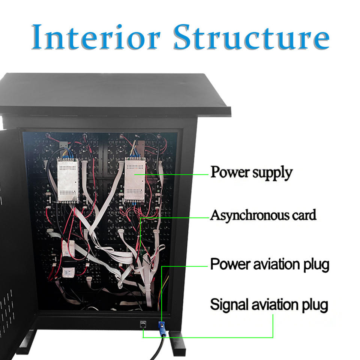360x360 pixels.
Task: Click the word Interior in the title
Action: (96, 37)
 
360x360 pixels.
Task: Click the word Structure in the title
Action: (251, 37)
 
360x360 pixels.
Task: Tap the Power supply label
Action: (252, 172)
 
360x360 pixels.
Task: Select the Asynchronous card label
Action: (263, 215)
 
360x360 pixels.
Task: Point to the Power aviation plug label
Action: (270, 264)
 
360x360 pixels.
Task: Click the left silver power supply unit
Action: (68, 180)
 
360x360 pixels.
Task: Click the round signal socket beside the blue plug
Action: (143, 325)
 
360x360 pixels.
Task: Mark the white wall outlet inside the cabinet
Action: (68, 273)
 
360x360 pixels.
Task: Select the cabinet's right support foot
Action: (177, 342)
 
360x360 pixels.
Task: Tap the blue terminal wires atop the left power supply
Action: (67, 153)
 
